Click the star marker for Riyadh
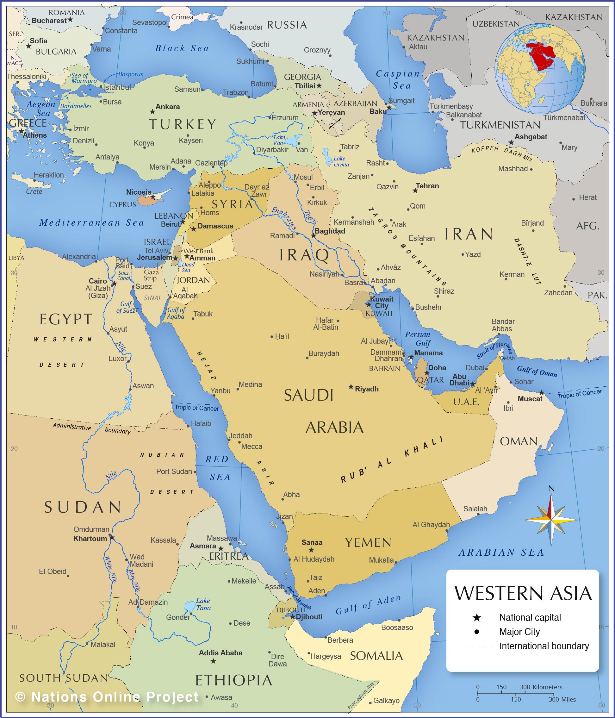tap(351, 387)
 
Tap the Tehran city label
tap(427, 186)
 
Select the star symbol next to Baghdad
tap(313, 236)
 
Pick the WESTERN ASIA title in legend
tap(523, 593)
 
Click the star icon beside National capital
tap(477, 617)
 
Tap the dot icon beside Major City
tap(477, 632)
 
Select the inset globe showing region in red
tap(540, 68)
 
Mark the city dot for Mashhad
tap(531, 169)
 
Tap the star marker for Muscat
tap(542, 393)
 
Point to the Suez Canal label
tap(123, 276)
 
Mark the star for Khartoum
tap(112, 537)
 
